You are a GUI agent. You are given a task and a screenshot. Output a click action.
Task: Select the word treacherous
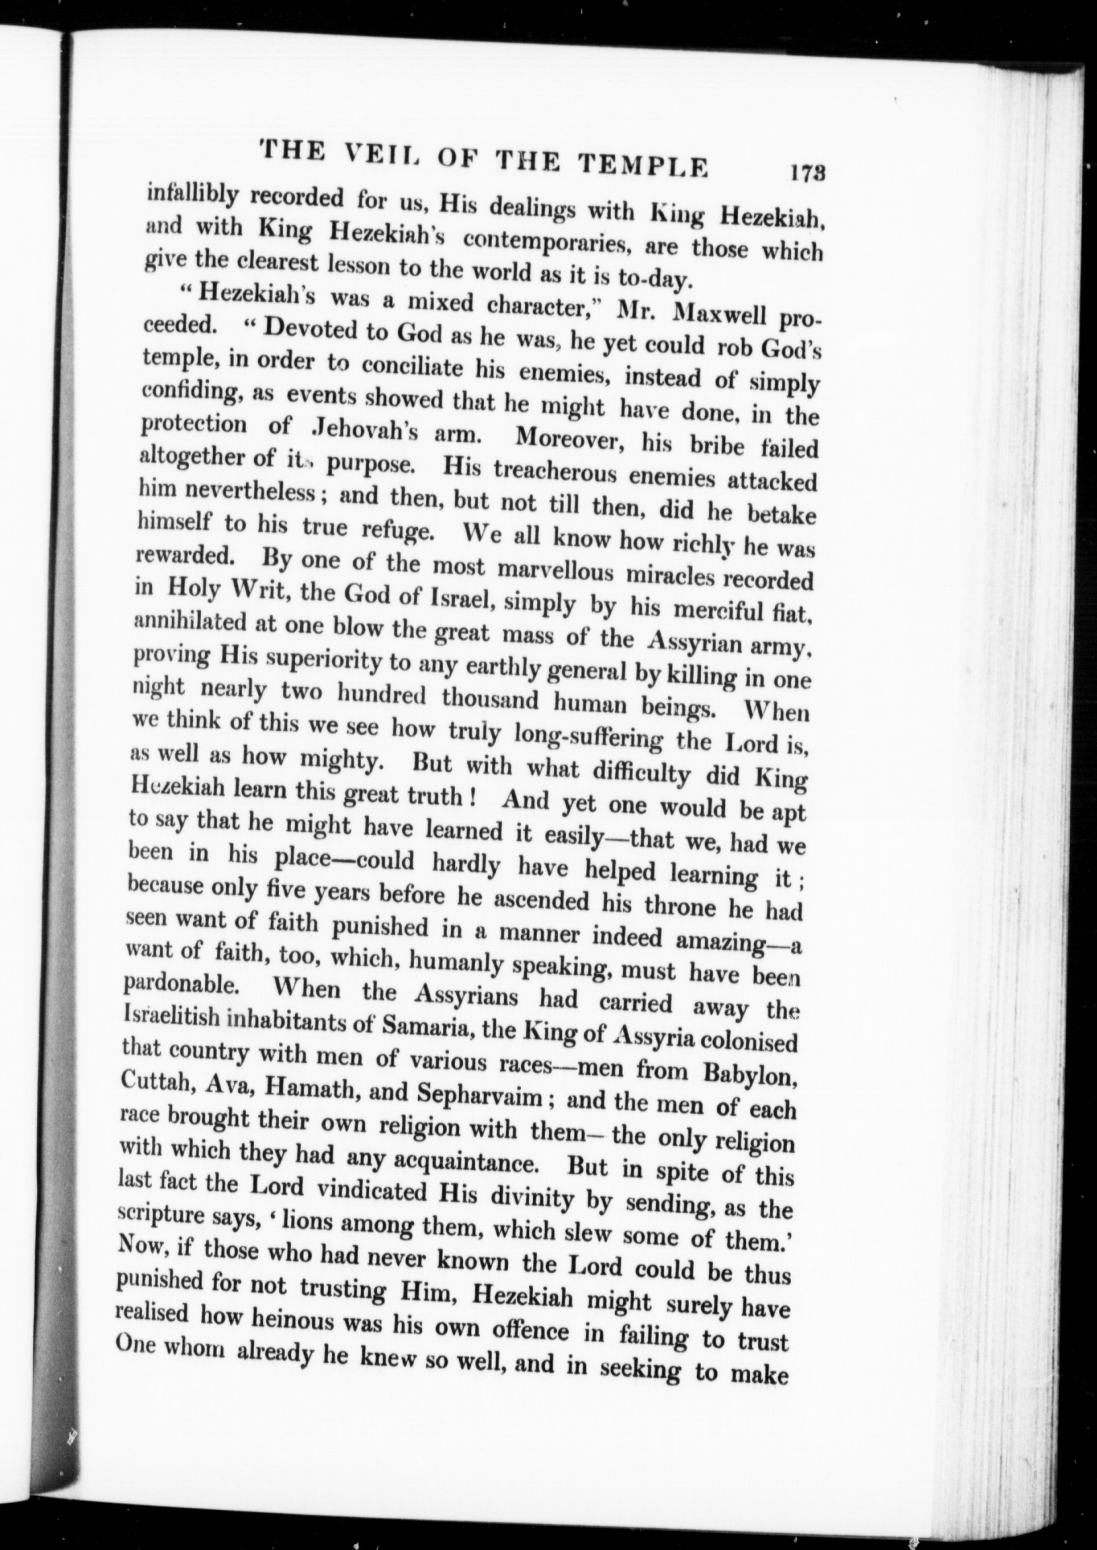coord(557,472)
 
